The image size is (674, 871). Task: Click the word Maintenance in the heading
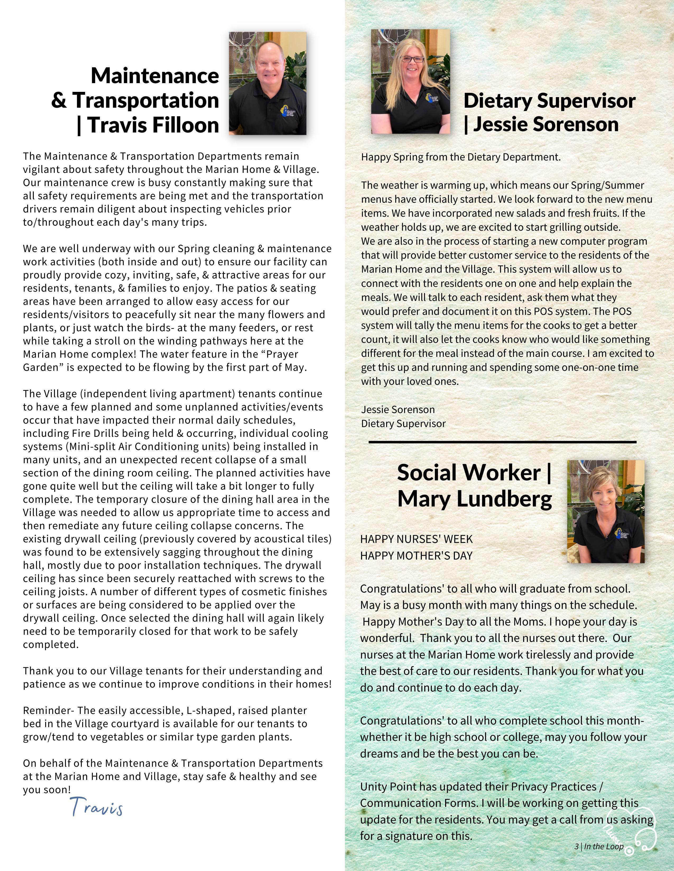point(155,76)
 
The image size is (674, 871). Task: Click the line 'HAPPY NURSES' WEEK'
point(416,539)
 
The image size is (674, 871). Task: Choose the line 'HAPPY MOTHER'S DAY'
point(416,556)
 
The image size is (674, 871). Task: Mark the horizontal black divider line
point(502,442)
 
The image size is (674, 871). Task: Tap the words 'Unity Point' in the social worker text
point(382,787)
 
